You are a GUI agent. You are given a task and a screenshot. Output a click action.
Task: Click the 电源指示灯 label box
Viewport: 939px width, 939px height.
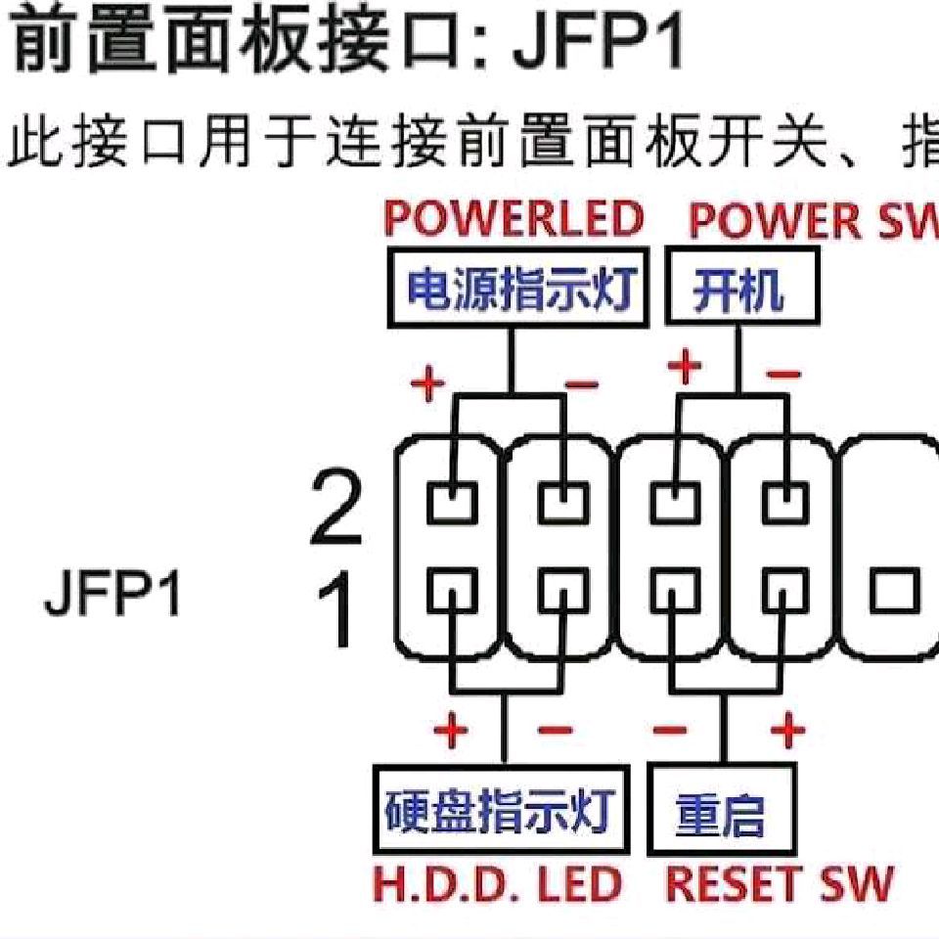click(518, 289)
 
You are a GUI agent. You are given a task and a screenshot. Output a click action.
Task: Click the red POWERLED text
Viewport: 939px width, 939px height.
click(514, 219)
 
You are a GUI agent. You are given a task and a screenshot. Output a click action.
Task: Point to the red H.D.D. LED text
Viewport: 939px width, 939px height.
click(499, 884)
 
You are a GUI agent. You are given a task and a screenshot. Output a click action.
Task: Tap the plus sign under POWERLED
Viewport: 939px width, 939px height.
click(426, 384)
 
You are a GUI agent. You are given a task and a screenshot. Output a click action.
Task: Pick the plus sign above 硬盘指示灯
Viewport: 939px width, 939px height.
click(452, 730)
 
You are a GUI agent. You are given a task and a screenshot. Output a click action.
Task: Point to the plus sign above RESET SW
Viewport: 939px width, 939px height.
click(785, 730)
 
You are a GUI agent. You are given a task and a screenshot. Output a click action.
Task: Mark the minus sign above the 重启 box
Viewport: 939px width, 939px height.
click(670, 730)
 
